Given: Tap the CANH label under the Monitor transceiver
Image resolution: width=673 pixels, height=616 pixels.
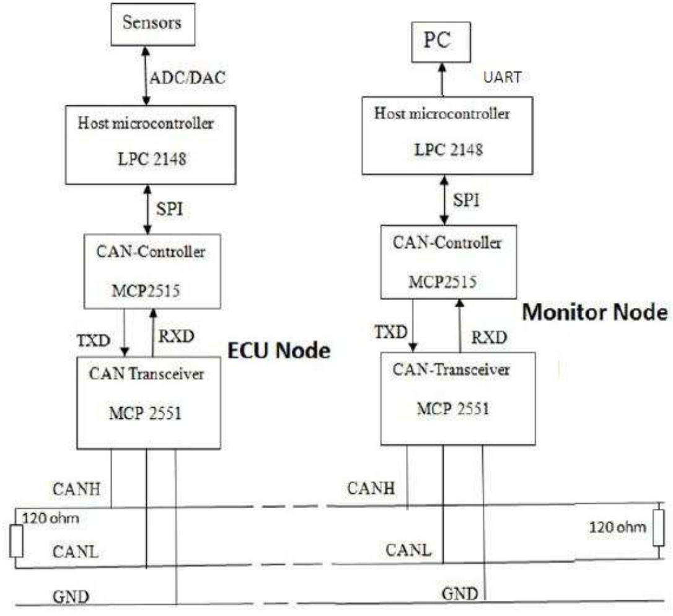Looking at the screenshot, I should point(370,488).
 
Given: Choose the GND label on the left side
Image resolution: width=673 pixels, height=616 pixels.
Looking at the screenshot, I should point(71,597).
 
